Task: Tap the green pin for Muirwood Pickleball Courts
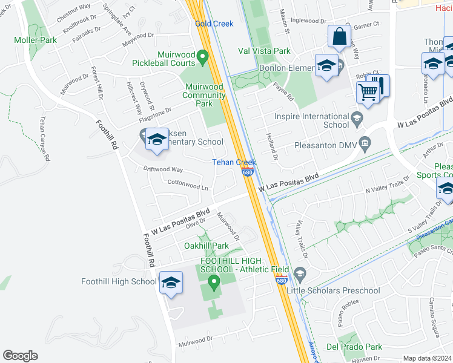(x=203, y=58)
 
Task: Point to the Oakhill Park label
(x=207, y=246)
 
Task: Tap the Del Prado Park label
(x=354, y=347)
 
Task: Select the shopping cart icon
(x=368, y=92)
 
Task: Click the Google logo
(x=20, y=356)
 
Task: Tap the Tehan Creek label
(x=234, y=162)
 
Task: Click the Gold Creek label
(x=214, y=24)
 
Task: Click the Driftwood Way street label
(x=163, y=170)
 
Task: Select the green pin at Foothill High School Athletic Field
(x=213, y=281)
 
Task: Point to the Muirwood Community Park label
(x=203, y=95)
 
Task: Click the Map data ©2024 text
(x=427, y=358)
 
